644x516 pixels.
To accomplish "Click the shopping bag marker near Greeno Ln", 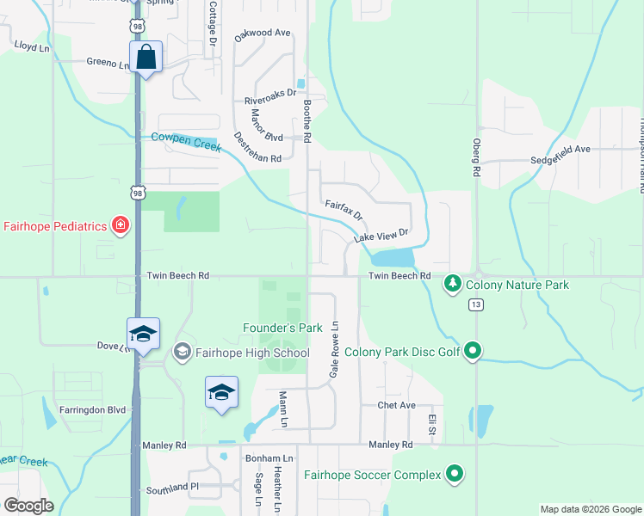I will pos(146,58).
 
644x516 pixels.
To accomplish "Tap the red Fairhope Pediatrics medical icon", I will pos(121,226).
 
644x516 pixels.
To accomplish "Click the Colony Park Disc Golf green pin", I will pos(472,351).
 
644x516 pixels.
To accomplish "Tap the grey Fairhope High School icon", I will pos(182,352).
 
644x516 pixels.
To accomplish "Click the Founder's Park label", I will pos(282,328).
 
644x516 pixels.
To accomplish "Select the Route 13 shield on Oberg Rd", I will pos(475,304).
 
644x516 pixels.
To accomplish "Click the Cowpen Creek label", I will pos(187,141).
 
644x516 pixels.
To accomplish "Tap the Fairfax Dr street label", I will pos(344,210).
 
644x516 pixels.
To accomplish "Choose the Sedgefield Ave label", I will pos(560,149).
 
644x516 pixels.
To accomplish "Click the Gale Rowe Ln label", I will pos(335,347).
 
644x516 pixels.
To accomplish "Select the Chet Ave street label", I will pos(396,405).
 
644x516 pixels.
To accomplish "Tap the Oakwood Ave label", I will pos(263,33).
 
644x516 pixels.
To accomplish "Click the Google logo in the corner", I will pos(28,506).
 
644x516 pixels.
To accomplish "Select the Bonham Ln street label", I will pos(269,458).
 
